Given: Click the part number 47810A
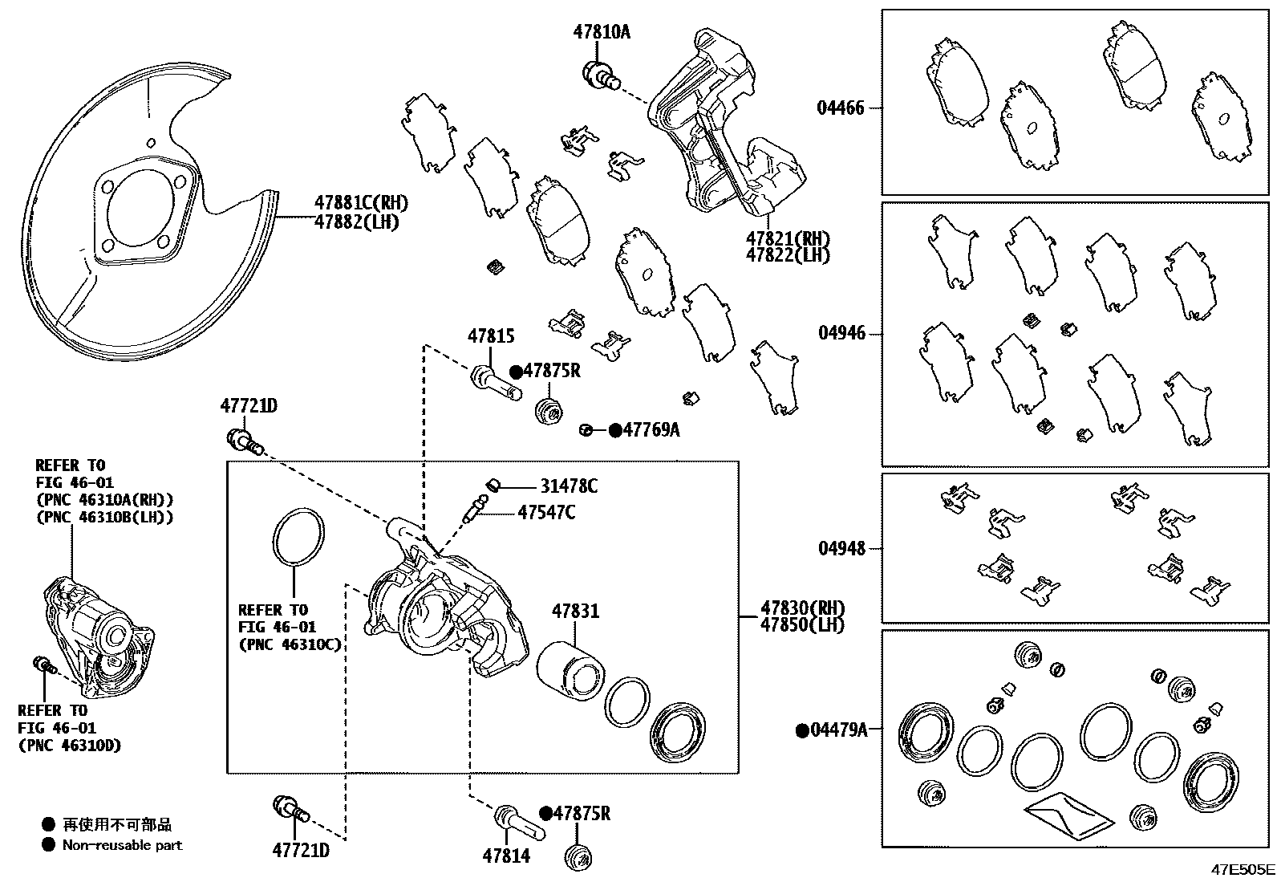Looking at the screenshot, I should click(602, 32).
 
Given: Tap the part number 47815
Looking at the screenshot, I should click(491, 336).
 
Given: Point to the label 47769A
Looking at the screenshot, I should click(651, 430).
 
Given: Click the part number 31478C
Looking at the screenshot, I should click(568, 486).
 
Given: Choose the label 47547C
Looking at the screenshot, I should click(545, 511).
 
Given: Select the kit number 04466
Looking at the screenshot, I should click(841, 108).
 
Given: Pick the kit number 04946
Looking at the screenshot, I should click(841, 332).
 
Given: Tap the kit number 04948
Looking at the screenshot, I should click(841, 548).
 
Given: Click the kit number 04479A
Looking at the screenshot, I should click(838, 730).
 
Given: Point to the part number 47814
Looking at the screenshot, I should click(506, 856).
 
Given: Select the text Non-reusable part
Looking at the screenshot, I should click(122, 844).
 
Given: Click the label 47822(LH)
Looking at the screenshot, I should click(787, 255).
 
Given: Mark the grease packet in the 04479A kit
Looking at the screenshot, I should click(1068, 817).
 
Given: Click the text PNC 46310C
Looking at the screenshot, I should click(289, 644).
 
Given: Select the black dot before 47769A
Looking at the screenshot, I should click(615, 430).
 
